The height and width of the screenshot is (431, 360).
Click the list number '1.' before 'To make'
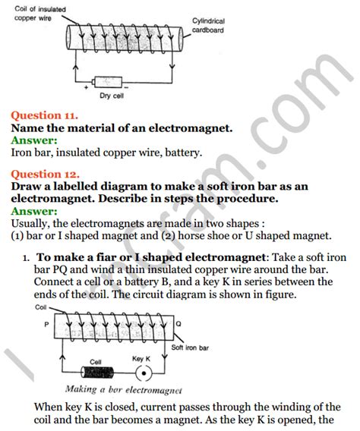click(26, 258)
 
